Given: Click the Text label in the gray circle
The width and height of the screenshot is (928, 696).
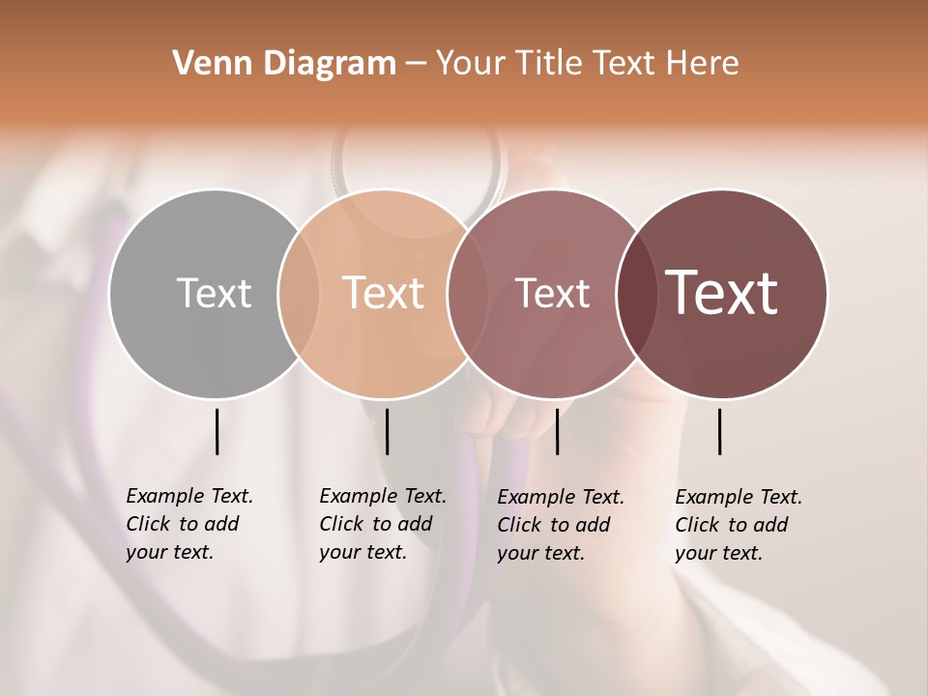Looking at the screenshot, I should click(214, 293).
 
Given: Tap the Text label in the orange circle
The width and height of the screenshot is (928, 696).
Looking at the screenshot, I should click(384, 293).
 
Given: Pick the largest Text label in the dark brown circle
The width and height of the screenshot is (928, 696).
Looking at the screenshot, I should click(722, 293).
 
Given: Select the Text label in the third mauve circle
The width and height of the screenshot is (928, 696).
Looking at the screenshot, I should click(552, 293).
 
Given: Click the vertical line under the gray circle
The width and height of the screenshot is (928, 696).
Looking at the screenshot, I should click(217, 431).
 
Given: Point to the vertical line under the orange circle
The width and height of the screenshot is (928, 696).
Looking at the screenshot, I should click(387, 431).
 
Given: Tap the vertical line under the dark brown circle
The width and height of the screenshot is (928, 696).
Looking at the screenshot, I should click(720, 431).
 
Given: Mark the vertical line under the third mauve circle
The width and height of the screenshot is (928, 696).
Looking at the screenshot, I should click(557, 431).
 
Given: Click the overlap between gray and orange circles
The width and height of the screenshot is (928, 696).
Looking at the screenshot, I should click(299, 293).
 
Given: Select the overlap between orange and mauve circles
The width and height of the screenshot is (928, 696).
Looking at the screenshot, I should click(460, 293).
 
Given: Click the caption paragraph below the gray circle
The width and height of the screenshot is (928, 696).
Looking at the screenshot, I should click(188, 524).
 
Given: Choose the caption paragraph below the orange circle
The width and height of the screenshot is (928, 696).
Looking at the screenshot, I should click(382, 524).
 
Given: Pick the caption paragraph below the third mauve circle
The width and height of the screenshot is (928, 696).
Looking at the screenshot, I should click(560, 525).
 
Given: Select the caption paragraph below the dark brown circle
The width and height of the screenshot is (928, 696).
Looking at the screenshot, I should click(738, 525).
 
